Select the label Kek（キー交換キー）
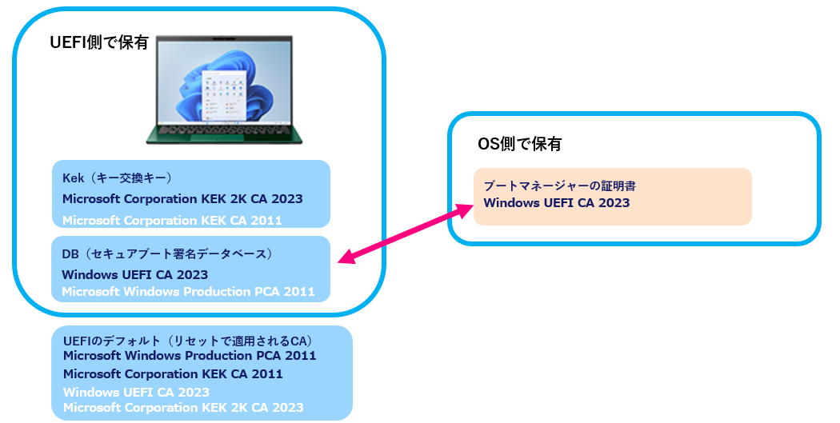pos(117,178)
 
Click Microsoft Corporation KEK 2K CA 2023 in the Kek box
pos(182,198)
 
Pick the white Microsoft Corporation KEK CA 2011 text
pos(172,220)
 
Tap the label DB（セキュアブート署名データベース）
pos(168,254)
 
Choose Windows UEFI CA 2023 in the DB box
pos(134,274)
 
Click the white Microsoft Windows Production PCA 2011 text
pos(188,291)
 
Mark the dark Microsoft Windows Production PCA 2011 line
pos(190,355)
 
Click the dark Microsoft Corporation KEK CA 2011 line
pos(173,373)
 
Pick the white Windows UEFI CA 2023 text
pos(136,392)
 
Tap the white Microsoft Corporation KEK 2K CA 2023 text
pos(183,408)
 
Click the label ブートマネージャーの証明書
pos(559,186)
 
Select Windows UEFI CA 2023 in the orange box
pos(557,203)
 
